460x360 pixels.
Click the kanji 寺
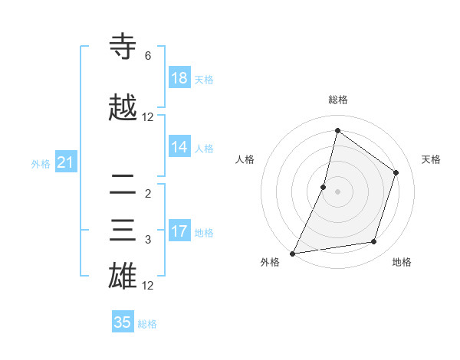[x=123, y=47]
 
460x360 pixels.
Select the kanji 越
[x=123, y=108]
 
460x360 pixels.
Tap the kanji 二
[x=123, y=184]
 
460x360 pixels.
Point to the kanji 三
[x=123, y=231]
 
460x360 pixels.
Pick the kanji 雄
[x=123, y=277]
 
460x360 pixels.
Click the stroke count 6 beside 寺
[x=148, y=56]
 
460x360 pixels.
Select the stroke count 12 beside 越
[x=148, y=117]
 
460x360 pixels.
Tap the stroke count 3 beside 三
[x=148, y=240]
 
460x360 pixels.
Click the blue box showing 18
[x=179, y=77]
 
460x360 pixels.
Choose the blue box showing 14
[x=179, y=147]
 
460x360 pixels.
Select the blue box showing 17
[x=179, y=231]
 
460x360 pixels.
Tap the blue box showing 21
[x=65, y=162]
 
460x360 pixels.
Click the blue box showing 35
[x=123, y=322]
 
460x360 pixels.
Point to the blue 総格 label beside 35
[x=147, y=324]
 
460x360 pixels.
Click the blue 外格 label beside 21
[x=41, y=163]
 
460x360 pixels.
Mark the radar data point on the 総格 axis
[x=337, y=130]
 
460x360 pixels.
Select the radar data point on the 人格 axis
[x=324, y=187]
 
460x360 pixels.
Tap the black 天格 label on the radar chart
[x=431, y=159]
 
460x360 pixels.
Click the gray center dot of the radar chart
[x=337, y=191]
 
